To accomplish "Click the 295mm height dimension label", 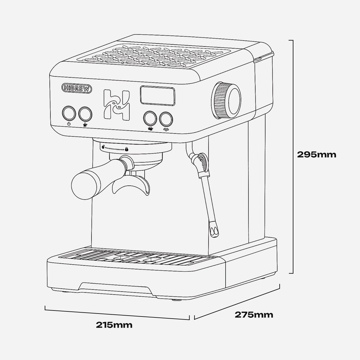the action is [x=316, y=154].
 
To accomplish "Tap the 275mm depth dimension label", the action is [x=254, y=315].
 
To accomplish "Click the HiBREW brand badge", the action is [x=77, y=88].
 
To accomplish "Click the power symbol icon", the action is [x=69, y=124].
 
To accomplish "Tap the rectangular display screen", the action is [x=158, y=95].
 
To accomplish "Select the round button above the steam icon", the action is [x=166, y=119].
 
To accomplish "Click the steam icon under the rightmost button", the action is [x=166, y=130].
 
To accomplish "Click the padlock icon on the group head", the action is [x=127, y=149].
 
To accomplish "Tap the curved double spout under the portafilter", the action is [x=131, y=185].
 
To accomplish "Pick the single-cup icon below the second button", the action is [x=85, y=125].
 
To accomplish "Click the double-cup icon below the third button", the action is [x=150, y=129].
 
